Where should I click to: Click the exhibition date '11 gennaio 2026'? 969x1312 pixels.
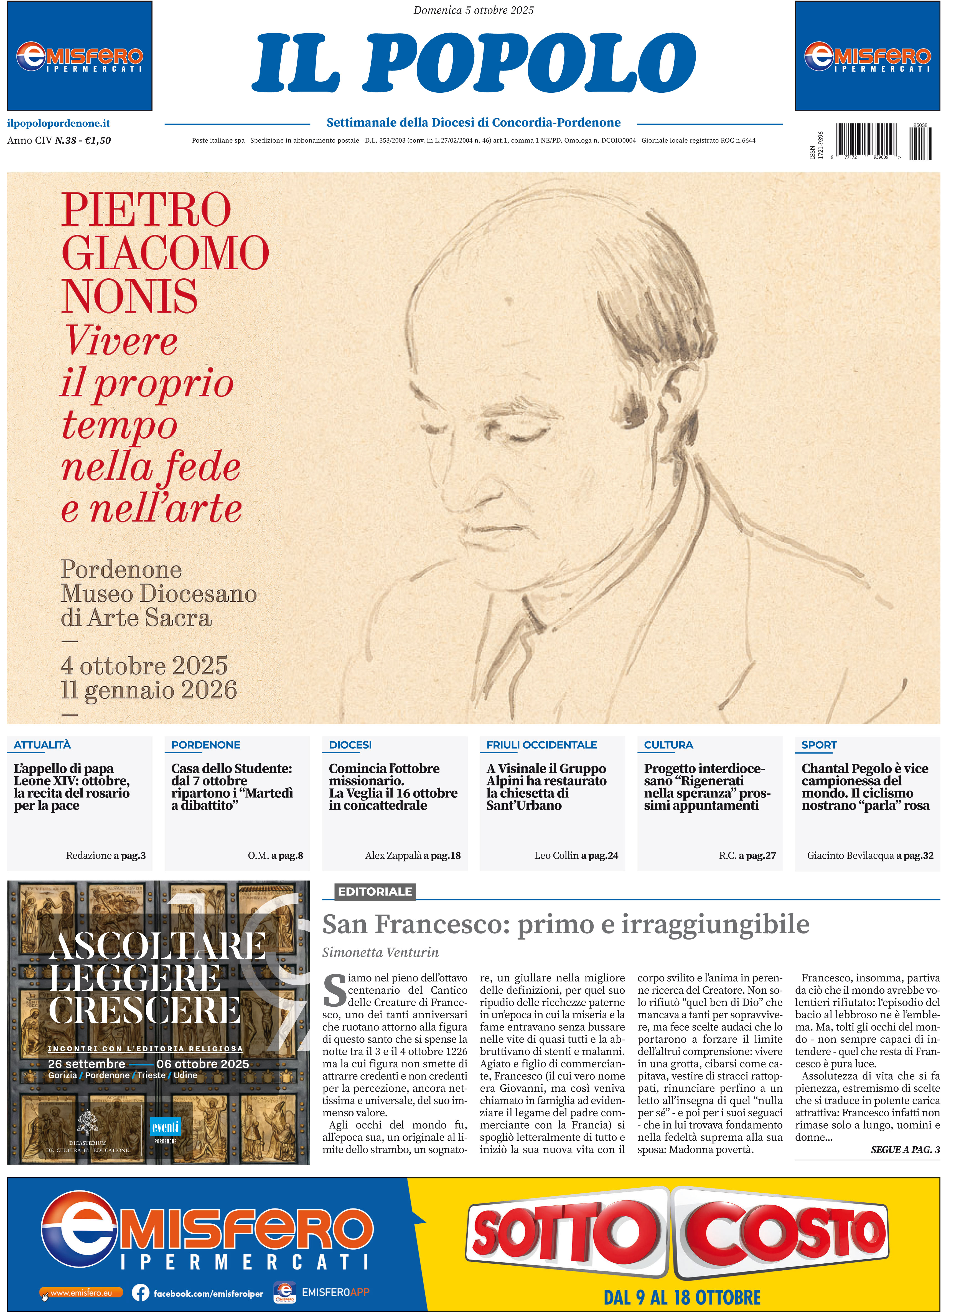(149, 690)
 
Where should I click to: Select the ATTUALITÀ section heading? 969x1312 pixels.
(42, 745)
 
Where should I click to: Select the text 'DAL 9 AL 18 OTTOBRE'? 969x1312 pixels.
(682, 1297)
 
